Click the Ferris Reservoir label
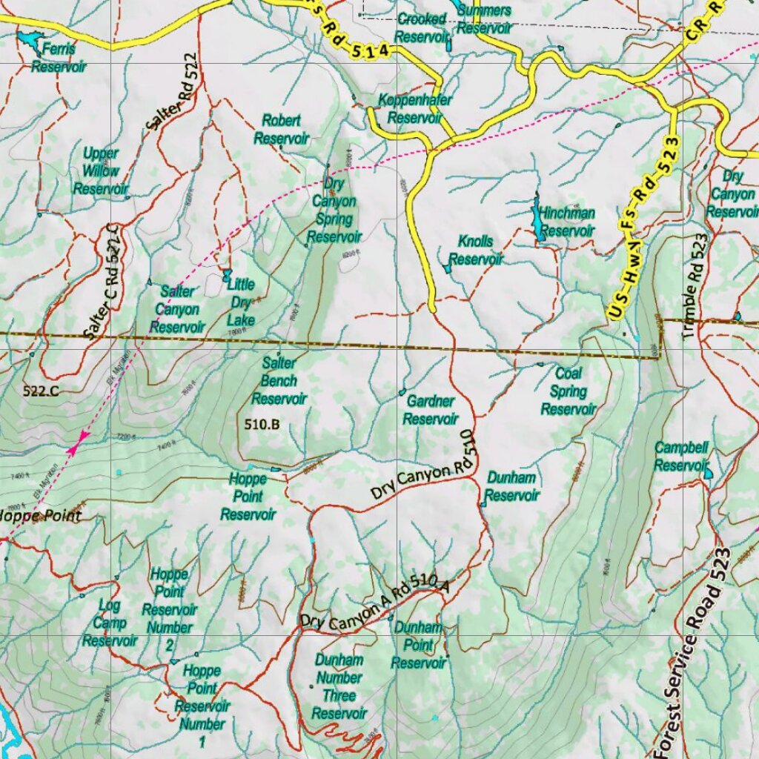pos(59,58)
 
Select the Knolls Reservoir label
pos(476,251)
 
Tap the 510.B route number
pos(262,425)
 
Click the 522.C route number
pos(41,391)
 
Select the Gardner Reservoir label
pos(431,410)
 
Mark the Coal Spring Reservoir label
pos(569,391)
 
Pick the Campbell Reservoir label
pos(681,457)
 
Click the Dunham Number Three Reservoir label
pos(339,686)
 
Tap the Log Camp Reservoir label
pos(110,623)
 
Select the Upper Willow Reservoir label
pos(101,171)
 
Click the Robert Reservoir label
pos(281,129)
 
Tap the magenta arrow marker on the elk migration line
pos(77,443)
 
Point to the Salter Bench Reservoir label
pos(279,381)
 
